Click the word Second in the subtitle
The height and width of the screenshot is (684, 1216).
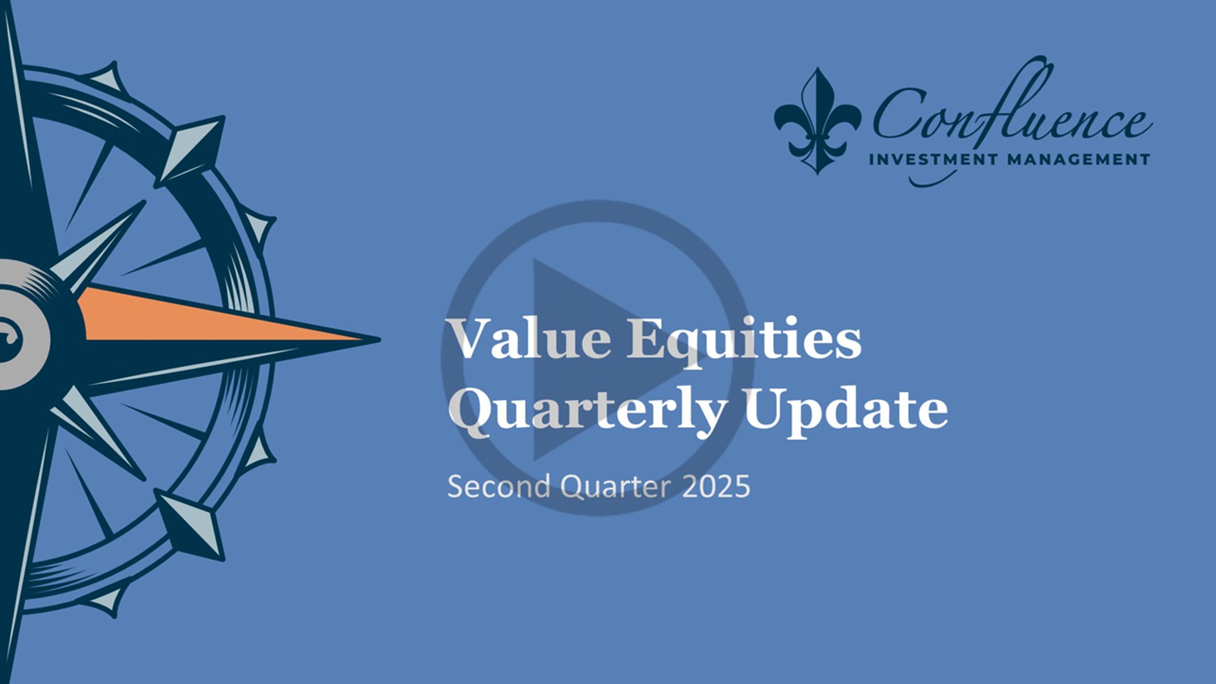pos(499,486)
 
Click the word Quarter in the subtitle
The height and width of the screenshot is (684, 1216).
pos(616,486)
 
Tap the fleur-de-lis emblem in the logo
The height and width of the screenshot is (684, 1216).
pos(817,122)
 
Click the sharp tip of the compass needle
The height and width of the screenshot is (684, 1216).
pos(377,339)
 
